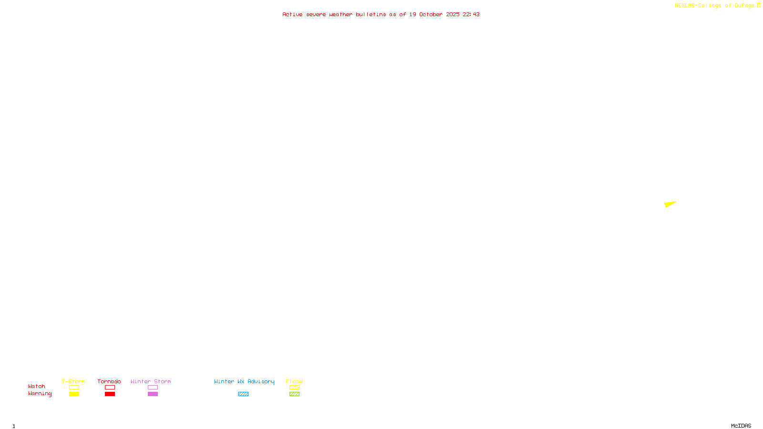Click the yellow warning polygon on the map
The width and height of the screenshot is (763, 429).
pyautogui.click(x=669, y=204)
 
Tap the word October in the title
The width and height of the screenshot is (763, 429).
pyautogui.click(x=431, y=14)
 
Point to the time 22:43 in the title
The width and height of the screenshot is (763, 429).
pyautogui.click(x=471, y=14)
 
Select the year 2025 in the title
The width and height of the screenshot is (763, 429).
pyautogui.click(x=453, y=14)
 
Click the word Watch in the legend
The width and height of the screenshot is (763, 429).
pyautogui.click(x=37, y=386)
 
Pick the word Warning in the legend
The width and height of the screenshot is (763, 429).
pyautogui.click(x=40, y=394)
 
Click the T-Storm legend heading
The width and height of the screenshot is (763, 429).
pyautogui.click(x=73, y=381)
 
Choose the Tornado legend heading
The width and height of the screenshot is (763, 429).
pyautogui.click(x=109, y=381)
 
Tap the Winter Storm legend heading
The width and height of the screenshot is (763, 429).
pyautogui.click(x=151, y=381)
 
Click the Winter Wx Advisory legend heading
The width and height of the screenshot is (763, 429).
pyautogui.click(x=244, y=381)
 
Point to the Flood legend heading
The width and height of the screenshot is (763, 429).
pyautogui.click(x=294, y=381)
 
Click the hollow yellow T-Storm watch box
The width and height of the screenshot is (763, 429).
pyautogui.click(x=74, y=388)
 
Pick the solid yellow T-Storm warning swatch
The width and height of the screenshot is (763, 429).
pyautogui.click(x=74, y=394)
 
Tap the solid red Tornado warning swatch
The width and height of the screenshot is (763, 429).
pyautogui.click(x=110, y=394)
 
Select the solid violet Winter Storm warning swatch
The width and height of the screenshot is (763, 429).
pyautogui.click(x=153, y=394)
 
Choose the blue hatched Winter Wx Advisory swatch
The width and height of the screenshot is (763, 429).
pyautogui.click(x=243, y=394)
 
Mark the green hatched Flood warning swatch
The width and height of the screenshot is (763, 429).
pyautogui.click(x=294, y=394)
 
